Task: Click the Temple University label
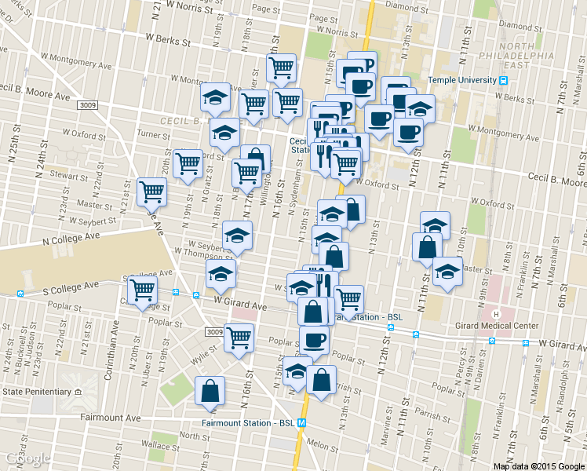point(461,80)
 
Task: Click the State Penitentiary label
point(36,391)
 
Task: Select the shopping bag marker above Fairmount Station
point(210,390)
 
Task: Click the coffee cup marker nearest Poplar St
point(315,339)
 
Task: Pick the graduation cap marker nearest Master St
point(447,272)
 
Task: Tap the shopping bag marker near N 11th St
point(425,246)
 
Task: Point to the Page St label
point(267,9)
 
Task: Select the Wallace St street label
point(166,446)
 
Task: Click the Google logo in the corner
point(27,458)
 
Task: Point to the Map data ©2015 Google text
point(539,466)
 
